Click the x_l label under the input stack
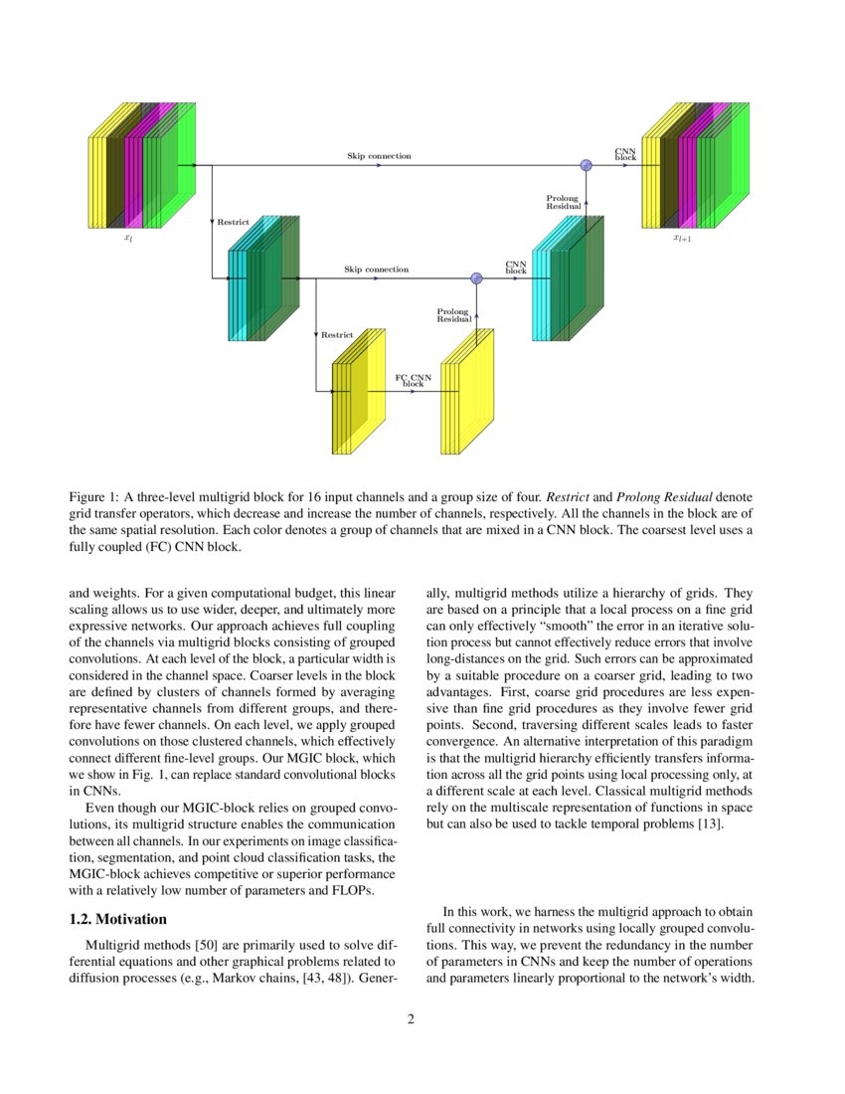point(127,239)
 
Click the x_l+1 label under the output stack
point(682,239)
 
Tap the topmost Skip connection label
point(379,156)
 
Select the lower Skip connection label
point(376,270)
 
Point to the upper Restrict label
point(234,222)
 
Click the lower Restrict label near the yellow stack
point(337,335)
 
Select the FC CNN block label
point(413,381)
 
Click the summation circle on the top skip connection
point(587,165)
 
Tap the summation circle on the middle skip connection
point(476,278)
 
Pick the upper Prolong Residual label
point(562,202)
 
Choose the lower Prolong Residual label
point(452,315)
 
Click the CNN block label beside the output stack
point(625,154)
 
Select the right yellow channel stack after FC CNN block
point(467,393)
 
